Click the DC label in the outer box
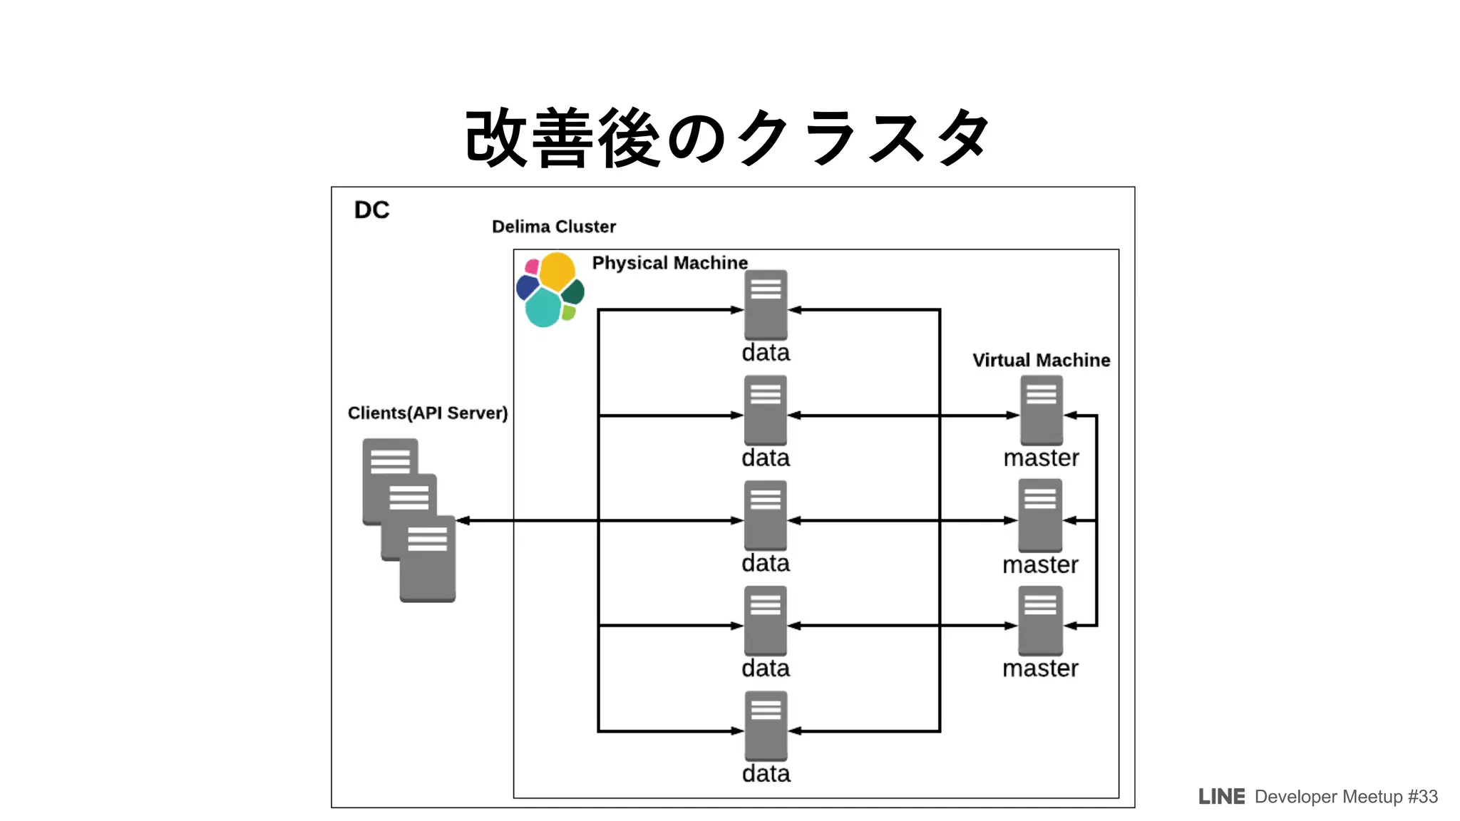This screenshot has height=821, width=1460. (x=371, y=210)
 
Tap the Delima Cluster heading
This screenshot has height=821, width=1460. (x=553, y=227)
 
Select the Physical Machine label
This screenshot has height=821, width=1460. (x=669, y=263)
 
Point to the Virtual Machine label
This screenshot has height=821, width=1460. (x=1041, y=360)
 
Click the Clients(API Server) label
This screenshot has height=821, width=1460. (x=427, y=413)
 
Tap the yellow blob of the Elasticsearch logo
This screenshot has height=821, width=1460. (x=557, y=271)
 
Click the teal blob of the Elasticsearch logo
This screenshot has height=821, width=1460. (x=543, y=307)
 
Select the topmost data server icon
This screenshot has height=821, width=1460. (x=766, y=304)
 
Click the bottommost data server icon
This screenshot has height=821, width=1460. (x=766, y=726)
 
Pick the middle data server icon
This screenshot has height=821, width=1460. (x=765, y=515)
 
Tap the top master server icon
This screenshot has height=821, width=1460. (x=1041, y=410)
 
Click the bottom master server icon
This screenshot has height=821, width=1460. (x=1040, y=620)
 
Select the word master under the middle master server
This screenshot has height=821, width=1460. (x=1040, y=564)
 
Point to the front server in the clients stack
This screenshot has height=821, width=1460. (x=427, y=559)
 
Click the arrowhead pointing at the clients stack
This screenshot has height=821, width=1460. (x=463, y=520)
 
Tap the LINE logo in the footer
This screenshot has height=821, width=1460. (x=1221, y=797)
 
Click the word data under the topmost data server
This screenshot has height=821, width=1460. (x=766, y=353)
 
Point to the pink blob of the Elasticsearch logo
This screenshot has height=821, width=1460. (x=532, y=267)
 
